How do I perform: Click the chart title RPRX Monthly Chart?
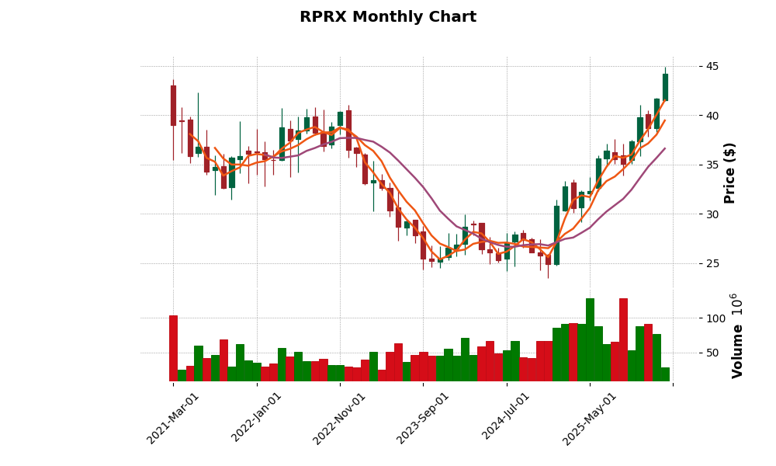click(388, 17)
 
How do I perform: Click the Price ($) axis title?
click(729, 172)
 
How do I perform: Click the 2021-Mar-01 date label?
click(173, 418)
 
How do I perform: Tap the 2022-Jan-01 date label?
click(257, 418)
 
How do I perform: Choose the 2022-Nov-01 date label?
click(339, 418)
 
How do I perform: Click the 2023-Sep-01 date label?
click(423, 418)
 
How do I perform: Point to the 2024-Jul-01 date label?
click(506, 418)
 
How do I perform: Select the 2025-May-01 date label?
click(590, 418)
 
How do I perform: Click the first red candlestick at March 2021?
click(173, 105)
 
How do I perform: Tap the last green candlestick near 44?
click(665, 86)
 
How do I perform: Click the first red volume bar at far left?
click(173, 348)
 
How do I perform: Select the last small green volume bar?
click(665, 374)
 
